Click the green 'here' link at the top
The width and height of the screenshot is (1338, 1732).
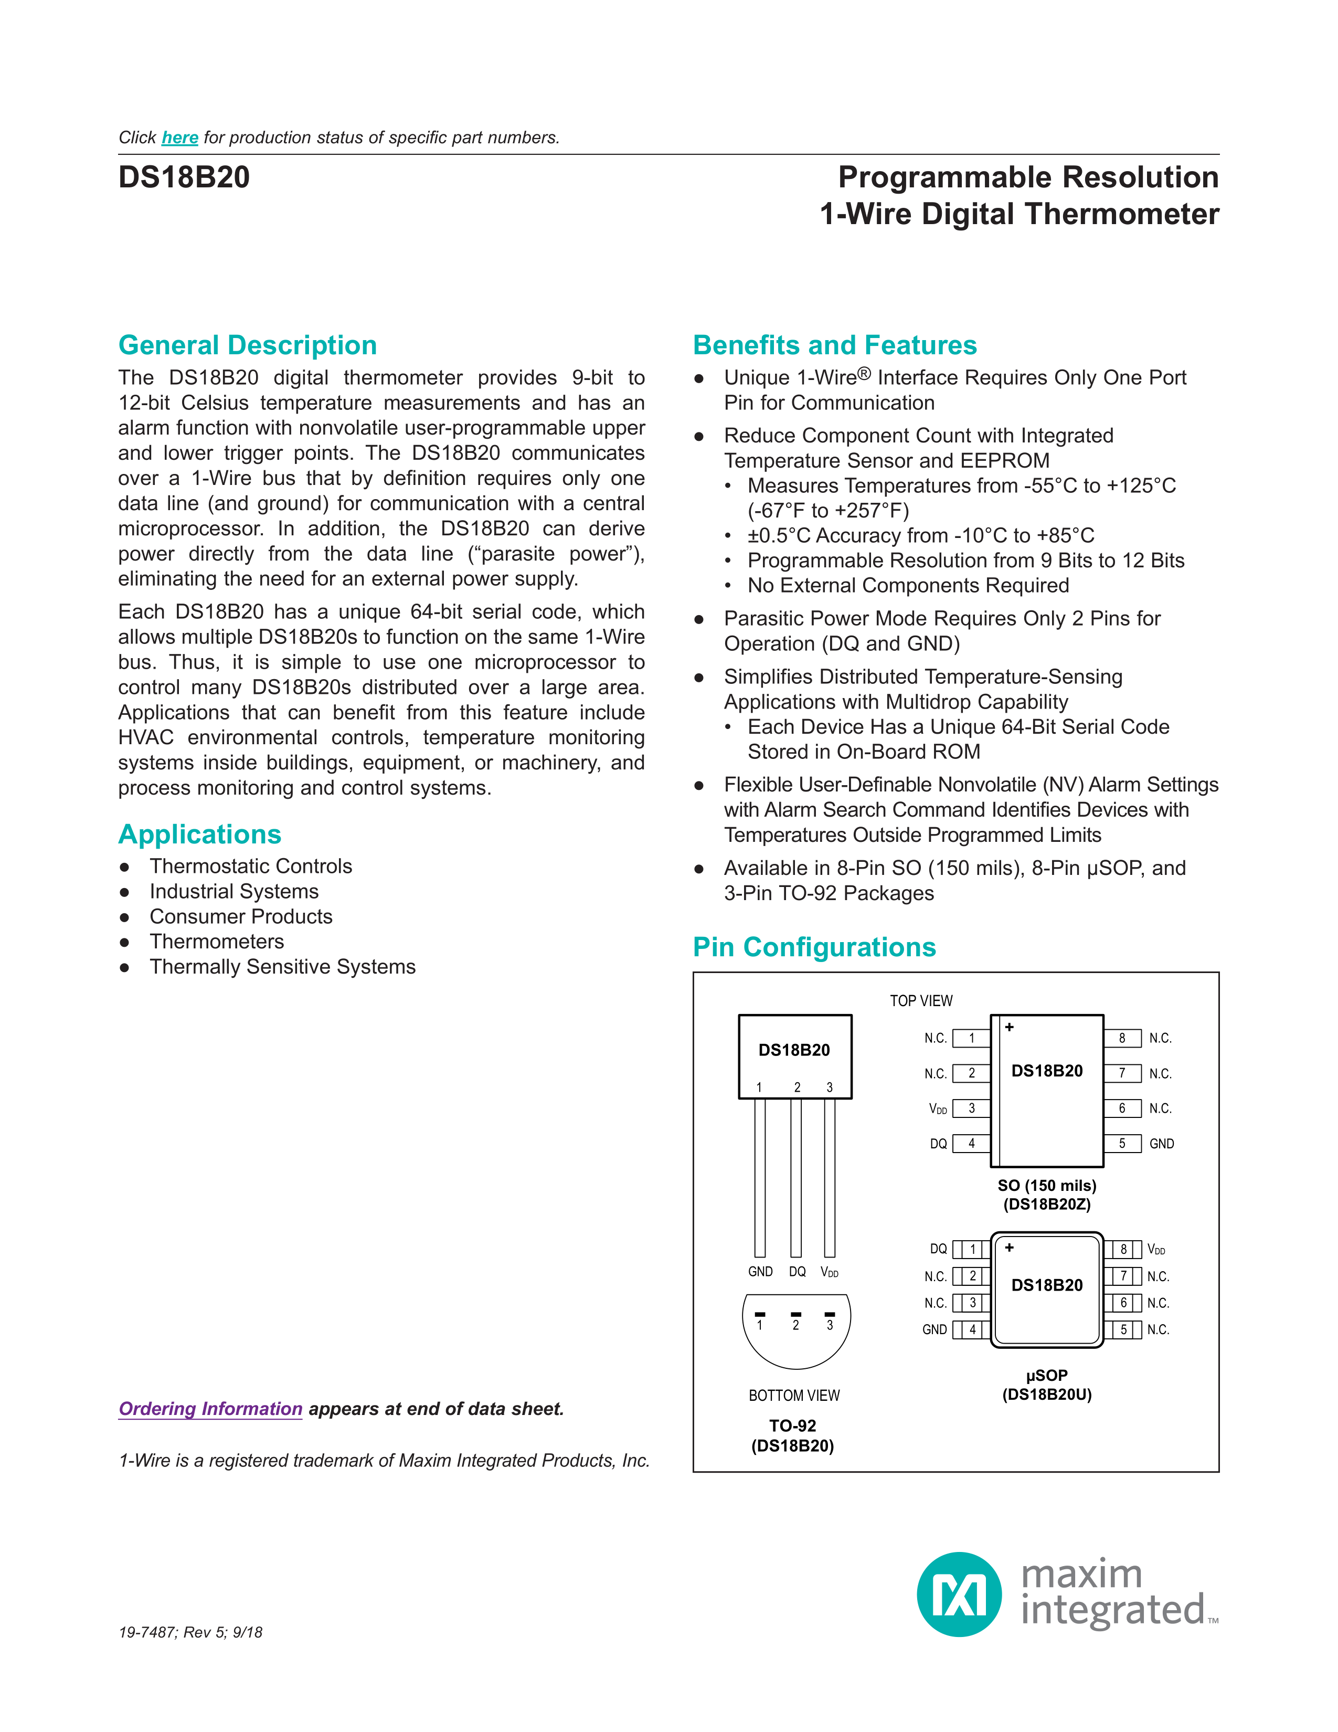tap(180, 138)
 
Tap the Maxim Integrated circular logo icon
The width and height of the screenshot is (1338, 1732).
tap(959, 1594)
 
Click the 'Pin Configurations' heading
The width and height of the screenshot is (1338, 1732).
tap(814, 947)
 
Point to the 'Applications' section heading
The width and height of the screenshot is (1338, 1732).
tap(200, 835)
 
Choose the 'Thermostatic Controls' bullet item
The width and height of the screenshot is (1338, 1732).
tap(250, 866)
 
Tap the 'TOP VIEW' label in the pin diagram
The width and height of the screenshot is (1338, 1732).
tap(921, 1001)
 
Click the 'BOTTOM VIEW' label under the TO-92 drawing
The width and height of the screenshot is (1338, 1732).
tap(794, 1396)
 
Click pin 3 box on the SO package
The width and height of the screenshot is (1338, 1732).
tap(972, 1108)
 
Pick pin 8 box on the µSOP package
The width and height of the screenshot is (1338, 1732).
tap(1124, 1250)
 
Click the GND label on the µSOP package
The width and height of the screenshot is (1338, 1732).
tap(935, 1329)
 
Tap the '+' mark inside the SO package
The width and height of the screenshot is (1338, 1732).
tap(1009, 1027)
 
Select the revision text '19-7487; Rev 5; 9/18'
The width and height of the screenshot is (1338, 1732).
tap(190, 1632)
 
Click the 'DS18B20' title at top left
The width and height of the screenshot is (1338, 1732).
tap(184, 177)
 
